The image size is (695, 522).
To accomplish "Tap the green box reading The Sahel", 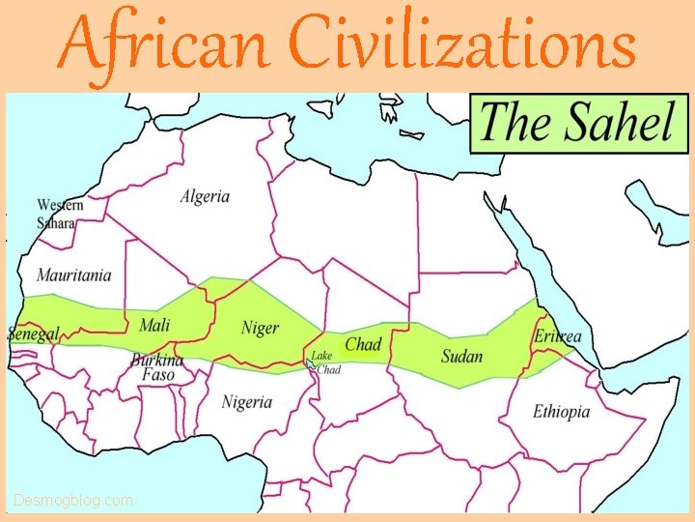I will click(x=571, y=122).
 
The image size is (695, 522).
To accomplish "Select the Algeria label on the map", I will click(x=205, y=196).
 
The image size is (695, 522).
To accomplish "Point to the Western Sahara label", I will click(x=59, y=214).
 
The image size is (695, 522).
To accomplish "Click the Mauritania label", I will click(x=74, y=275).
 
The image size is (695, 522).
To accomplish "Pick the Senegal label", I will click(x=34, y=334).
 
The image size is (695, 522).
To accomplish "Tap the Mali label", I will click(x=154, y=324).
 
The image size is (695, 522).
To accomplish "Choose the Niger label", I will click(x=260, y=328).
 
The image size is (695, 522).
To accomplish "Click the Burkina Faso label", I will click(x=158, y=367).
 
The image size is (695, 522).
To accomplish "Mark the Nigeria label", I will click(x=247, y=401).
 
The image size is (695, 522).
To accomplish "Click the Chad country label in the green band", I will click(x=363, y=344).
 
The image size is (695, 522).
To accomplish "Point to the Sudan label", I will click(x=461, y=356).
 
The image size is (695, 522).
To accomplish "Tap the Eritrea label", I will click(x=558, y=336).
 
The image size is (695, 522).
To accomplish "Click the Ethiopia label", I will click(x=561, y=412).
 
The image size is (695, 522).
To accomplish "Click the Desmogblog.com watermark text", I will click(x=73, y=501).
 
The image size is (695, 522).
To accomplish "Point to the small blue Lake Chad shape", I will click(x=311, y=363).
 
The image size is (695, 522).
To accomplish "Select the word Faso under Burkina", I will click(x=158, y=374).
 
